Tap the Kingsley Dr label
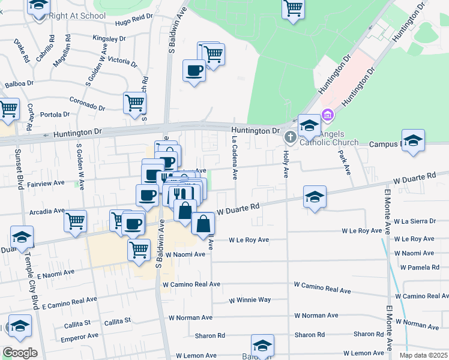[x=109, y=38]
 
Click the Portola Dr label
[x=55, y=114]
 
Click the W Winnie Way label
[x=250, y=299]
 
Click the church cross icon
[x=290, y=137]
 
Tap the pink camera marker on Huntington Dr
[x=327, y=115]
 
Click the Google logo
[x=19, y=353]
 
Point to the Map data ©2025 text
[x=424, y=355]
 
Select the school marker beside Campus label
[x=413, y=141]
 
